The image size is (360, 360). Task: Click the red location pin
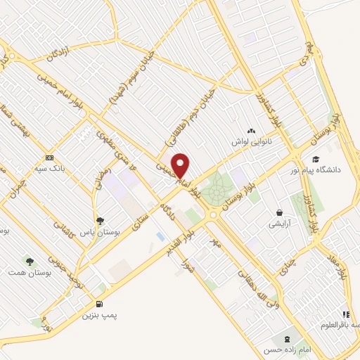coord(181,166)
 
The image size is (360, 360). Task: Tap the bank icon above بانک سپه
coord(49,157)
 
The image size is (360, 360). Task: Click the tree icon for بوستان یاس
coord(100,220)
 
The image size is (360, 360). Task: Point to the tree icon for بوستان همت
coord(30,261)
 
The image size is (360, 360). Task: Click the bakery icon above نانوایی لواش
coord(251,130)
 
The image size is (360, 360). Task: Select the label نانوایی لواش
coord(252,141)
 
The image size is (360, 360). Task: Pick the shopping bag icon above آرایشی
coord(280,212)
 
